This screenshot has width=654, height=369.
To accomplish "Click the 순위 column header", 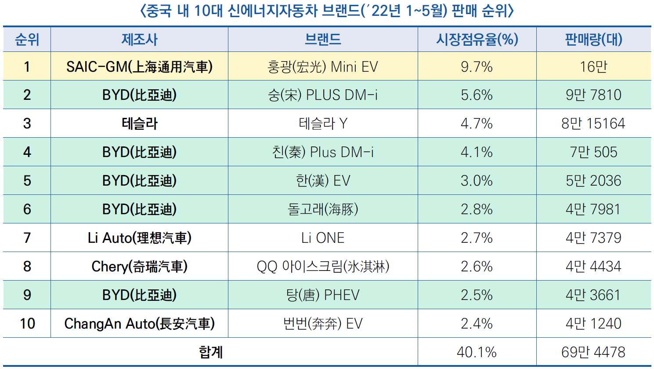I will pyautogui.click(x=27, y=40).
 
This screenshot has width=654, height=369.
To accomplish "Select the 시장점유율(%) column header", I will pyautogui.click(x=477, y=40).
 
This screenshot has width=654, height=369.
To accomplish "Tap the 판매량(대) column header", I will pyautogui.click(x=593, y=40).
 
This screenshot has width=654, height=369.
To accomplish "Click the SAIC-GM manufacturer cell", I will pyautogui.click(x=139, y=66).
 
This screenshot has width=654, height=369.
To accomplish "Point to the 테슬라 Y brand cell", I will pyautogui.click(x=323, y=124).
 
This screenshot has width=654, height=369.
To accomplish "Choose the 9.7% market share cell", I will pyautogui.click(x=477, y=66).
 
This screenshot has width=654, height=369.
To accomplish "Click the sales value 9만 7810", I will pyautogui.click(x=593, y=95).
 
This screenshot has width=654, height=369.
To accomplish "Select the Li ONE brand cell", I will pyautogui.click(x=323, y=238).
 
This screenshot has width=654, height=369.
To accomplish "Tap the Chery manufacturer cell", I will pyautogui.click(x=139, y=267).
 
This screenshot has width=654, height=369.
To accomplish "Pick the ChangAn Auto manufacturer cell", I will pyautogui.click(x=139, y=324).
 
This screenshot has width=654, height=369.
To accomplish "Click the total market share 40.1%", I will pyautogui.click(x=477, y=352).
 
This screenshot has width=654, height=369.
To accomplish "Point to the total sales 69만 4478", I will pyautogui.click(x=593, y=352).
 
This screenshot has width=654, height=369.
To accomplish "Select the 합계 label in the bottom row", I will pyautogui.click(x=211, y=352).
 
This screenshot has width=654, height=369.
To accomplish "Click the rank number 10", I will pyautogui.click(x=27, y=324).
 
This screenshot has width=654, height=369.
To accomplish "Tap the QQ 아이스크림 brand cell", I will pyautogui.click(x=323, y=267).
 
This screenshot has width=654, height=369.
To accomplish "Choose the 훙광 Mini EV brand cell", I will pyautogui.click(x=323, y=66).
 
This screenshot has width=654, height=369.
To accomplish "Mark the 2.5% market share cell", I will pyautogui.click(x=477, y=295).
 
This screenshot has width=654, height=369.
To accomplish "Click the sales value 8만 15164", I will pyautogui.click(x=593, y=124).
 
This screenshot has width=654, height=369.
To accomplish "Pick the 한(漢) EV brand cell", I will pyautogui.click(x=323, y=181).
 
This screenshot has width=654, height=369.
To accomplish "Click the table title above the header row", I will pyautogui.click(x=327, y=11).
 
